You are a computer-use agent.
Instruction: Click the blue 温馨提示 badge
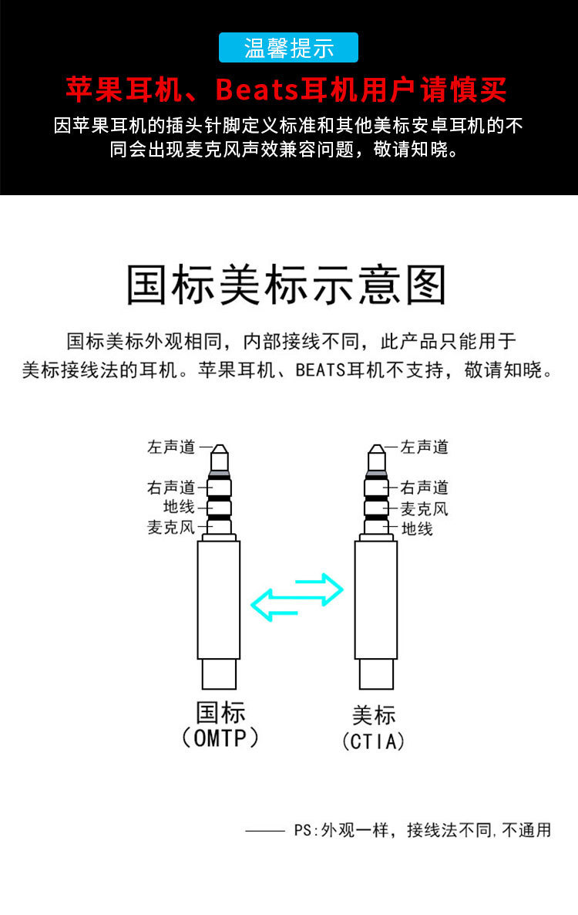point(289,48)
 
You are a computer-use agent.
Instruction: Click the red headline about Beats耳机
point(286,90)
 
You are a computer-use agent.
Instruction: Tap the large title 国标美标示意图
point(287,285)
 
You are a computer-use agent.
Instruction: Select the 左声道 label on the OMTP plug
point(172,447)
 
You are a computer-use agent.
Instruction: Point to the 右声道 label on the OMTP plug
point(172,488)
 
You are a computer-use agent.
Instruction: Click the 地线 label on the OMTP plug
point(179,507)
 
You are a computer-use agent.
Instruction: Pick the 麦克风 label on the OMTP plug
point(172,528)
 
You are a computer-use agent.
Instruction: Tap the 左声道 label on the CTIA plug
point(425,447)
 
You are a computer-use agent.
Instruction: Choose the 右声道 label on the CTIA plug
point(425,488)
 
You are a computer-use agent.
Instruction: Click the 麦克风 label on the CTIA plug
point(425,508)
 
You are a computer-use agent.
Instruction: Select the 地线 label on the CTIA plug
point(418,528)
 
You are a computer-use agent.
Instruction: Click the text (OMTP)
point(220,738)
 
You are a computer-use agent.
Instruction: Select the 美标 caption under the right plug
point(374,715)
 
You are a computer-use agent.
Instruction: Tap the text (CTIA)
point(374,741)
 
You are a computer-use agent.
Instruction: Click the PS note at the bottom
point(422,830)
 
